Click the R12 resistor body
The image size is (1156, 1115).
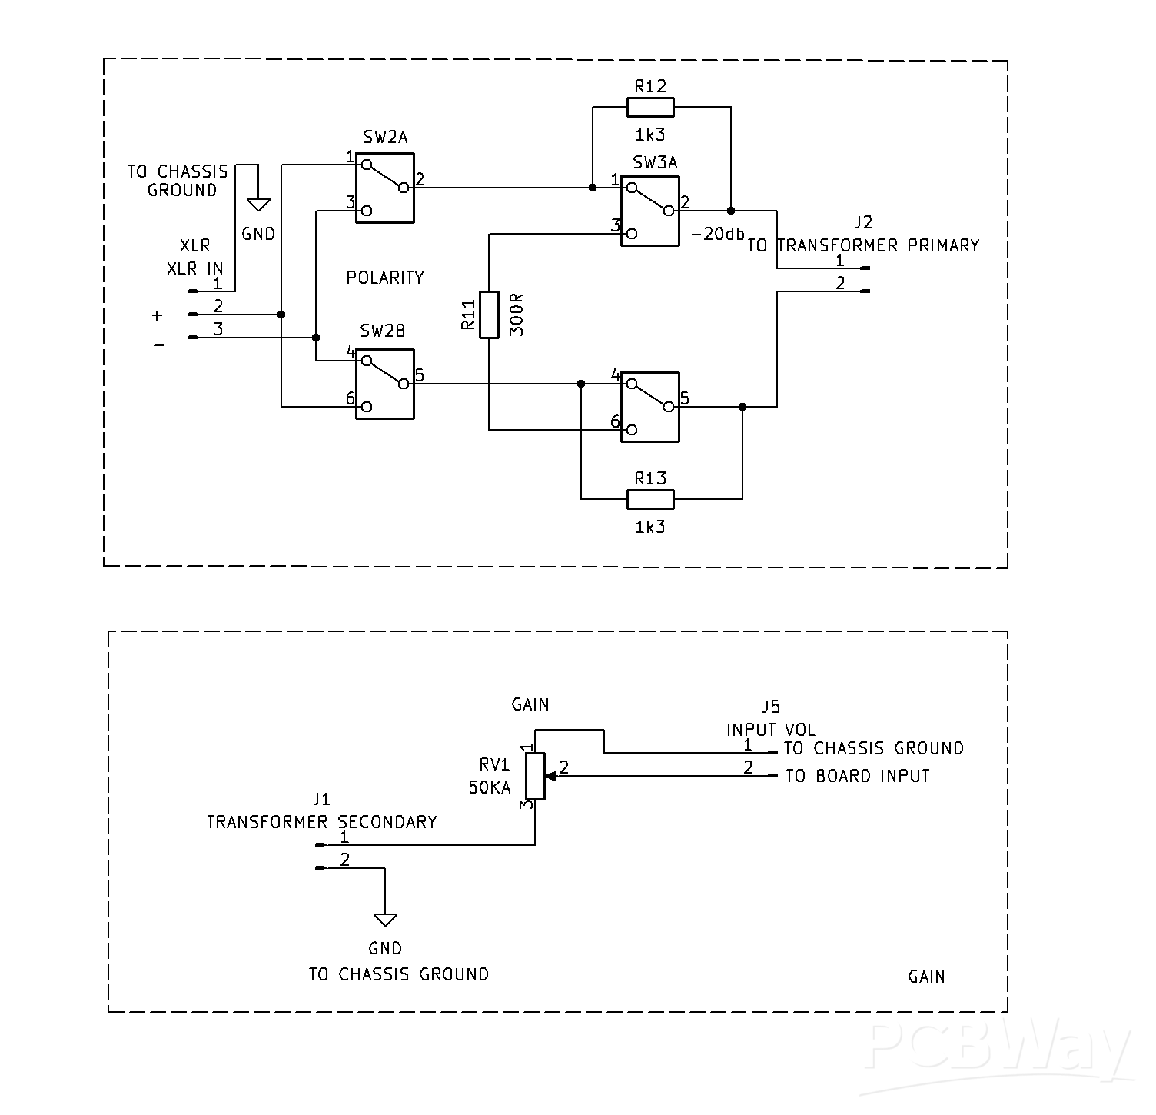pos(650,107)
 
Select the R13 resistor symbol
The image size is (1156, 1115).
pos(650,499)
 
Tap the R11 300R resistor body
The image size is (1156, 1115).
pos(489,315)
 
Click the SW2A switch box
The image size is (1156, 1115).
pos(385,188)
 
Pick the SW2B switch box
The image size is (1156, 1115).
pos(385,384)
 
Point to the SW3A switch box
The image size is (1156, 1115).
pos(650,211)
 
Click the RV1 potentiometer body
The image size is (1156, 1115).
pos(535,776)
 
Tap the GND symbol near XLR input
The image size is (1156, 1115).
pos(258,205)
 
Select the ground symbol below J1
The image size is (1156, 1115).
pos(385,920)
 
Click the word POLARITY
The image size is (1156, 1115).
pos(385,278)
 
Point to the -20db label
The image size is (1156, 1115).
pos(718,234)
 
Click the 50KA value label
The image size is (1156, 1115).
pos(489,787)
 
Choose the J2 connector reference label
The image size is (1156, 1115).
pos(864,222)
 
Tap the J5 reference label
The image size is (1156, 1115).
pos(770,707)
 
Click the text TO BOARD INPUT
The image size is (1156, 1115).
pos(857,776)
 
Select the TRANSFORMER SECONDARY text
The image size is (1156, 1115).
pos(322,822)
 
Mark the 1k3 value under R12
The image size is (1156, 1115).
pos(650,135)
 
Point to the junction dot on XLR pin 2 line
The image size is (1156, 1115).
pos(281,314)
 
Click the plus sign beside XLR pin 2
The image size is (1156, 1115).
pos(158,315)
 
